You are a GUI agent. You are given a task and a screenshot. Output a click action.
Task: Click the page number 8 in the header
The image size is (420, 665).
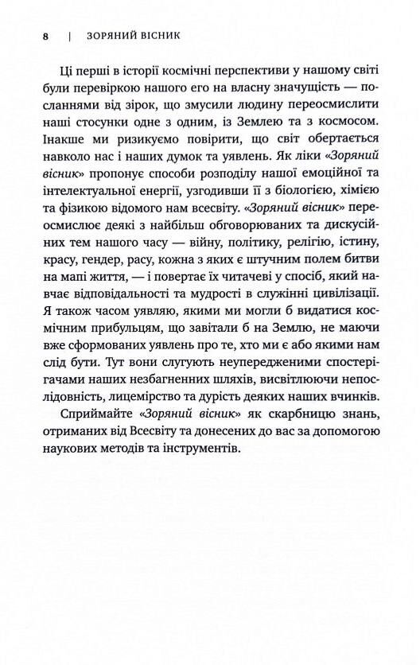click(46, 36)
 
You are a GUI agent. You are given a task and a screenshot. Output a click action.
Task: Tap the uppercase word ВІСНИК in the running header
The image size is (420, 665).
click(157, 36)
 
